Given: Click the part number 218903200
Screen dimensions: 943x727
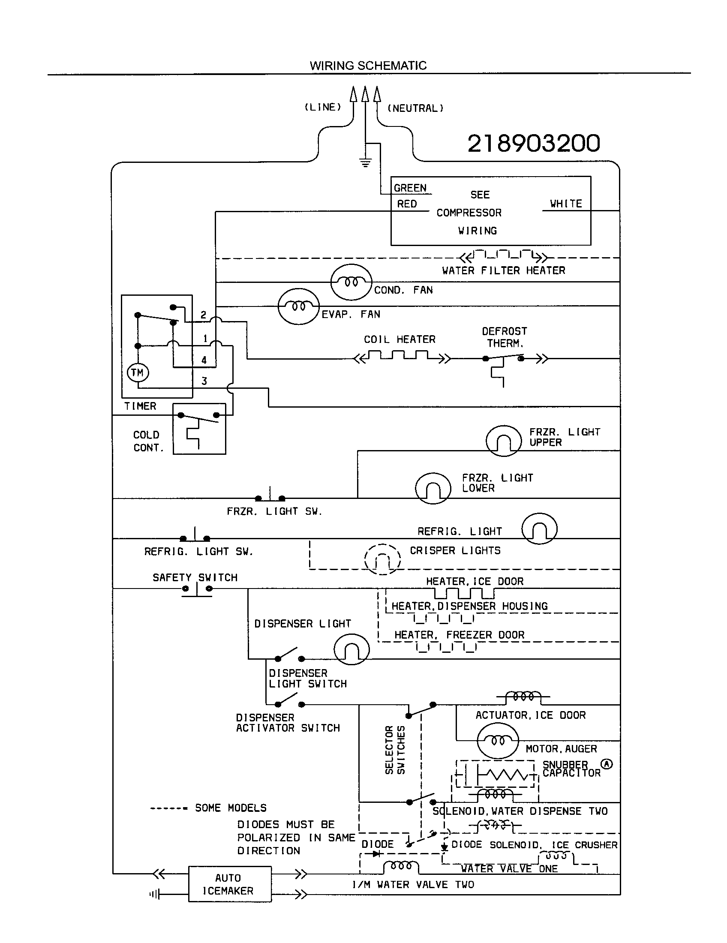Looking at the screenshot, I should [x=534, y=143].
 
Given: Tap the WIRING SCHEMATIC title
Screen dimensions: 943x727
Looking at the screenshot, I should [x=368, y=66].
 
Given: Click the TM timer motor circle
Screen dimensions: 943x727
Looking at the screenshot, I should [x=138, y=372].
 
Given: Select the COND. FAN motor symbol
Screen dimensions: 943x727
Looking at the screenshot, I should [x=351, y=282].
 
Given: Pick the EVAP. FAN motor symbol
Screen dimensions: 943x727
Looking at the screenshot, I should [x=299, y=306].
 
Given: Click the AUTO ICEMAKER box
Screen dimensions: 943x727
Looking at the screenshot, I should [x=230, y=884].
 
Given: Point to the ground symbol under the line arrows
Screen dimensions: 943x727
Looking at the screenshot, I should [x=365, y=163].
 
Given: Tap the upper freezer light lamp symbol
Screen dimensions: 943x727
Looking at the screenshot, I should [x=503, y=441].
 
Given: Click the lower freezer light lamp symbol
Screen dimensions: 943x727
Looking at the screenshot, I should [x=433, y=488].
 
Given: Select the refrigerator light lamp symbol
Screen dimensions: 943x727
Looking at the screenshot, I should [x=539, y=528].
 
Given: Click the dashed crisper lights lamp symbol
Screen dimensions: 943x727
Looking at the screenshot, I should [x=382, y=559].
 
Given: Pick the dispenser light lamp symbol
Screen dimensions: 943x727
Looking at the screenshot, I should [x=351, y=649].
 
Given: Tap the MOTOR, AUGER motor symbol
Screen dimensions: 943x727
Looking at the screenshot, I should [x=497, y=741].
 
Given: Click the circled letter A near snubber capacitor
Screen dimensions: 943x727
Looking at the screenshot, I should [x=607, y=764].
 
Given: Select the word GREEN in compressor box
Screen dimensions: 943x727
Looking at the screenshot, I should [x=410, y=188].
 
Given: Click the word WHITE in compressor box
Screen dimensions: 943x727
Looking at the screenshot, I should [x=565, y=203].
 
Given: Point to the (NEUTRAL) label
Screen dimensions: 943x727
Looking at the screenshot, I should [x=415, y=108].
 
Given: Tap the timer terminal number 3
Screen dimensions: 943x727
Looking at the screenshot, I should [x=204, y=381].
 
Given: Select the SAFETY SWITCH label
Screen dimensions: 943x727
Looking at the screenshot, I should [x=195, y=577].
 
